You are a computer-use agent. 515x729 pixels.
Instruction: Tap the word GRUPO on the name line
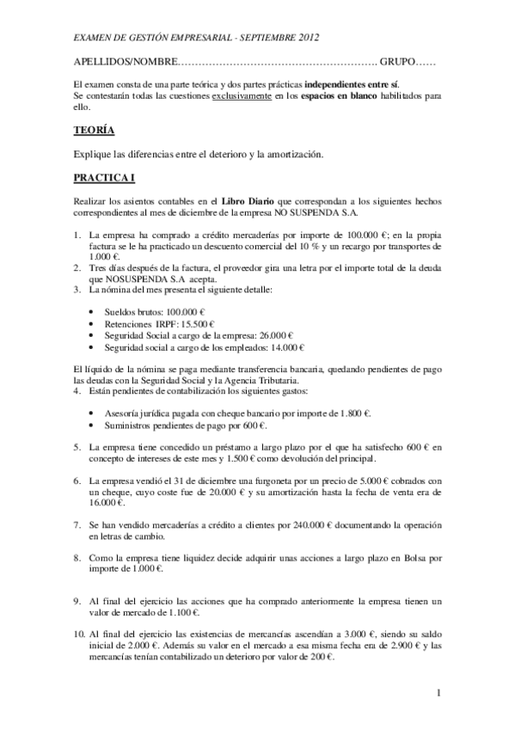click(396, 62)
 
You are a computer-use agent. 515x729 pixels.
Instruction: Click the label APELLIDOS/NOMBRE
click(124, 62)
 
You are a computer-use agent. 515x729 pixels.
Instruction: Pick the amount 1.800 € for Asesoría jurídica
click(353, 413)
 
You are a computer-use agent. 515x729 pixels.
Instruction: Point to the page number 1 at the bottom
click(438, 692)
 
